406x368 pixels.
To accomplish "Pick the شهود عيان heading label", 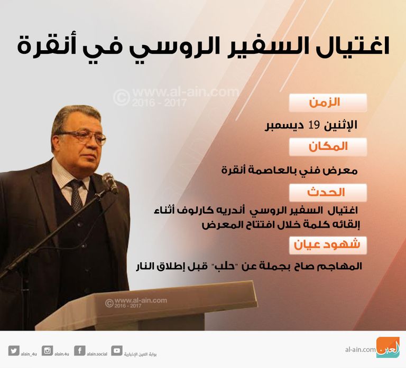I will [x=328, y=244].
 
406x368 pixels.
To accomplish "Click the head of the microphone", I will [x=109, y=182].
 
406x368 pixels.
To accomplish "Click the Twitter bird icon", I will [x=14, y=350].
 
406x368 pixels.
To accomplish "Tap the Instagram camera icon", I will [x=48, y=350].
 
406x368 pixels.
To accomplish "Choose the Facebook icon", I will [x=80, y=350].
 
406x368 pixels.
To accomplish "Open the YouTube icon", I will [x=116, y=350].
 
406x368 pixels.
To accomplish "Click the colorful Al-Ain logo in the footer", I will [x=387, y=348].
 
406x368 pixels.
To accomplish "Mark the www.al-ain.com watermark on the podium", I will [x=139, y=301].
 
